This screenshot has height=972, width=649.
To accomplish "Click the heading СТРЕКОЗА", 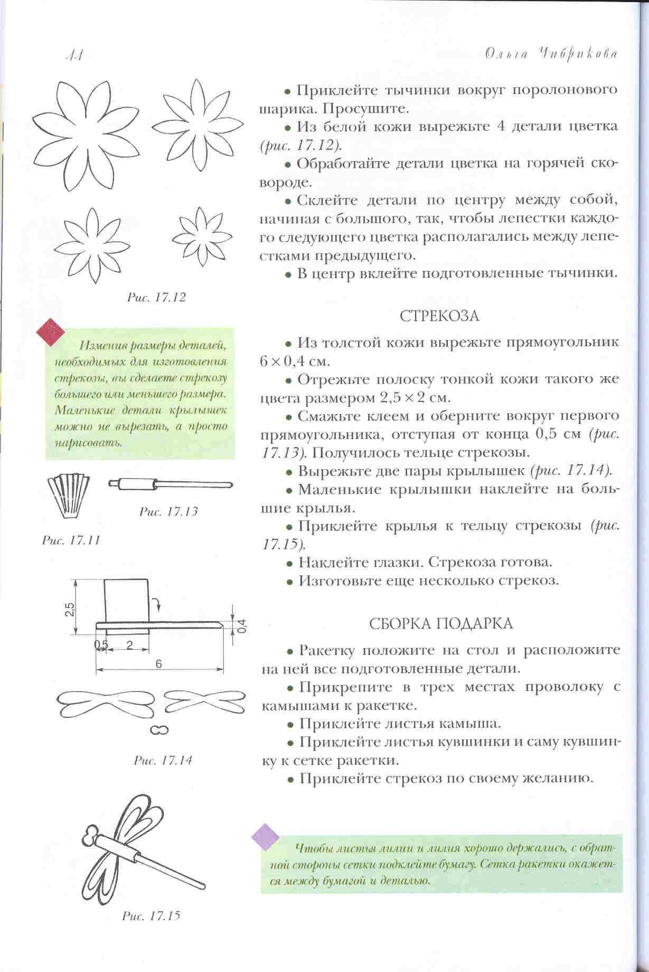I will point(439,316).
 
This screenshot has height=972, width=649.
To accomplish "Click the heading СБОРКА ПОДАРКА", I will point(440,623).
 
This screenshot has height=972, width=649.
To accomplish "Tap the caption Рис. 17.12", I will point(156,297).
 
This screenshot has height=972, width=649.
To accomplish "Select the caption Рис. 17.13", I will point(168,511).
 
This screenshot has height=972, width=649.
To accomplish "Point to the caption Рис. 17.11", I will point(71,540).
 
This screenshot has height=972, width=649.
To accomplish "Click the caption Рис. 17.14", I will point(163,761).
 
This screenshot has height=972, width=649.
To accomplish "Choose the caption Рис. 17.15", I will point(151,915).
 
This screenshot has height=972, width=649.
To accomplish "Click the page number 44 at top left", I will point(73,55).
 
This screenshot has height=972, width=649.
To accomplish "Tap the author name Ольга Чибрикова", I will point(551,54).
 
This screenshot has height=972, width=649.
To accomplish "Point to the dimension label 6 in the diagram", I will point(159,665).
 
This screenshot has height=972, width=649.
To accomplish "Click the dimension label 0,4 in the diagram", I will point(242,626).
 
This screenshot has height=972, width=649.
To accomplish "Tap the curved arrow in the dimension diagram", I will point(156,602).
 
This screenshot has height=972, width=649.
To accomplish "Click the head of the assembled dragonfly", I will point(91,835).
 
